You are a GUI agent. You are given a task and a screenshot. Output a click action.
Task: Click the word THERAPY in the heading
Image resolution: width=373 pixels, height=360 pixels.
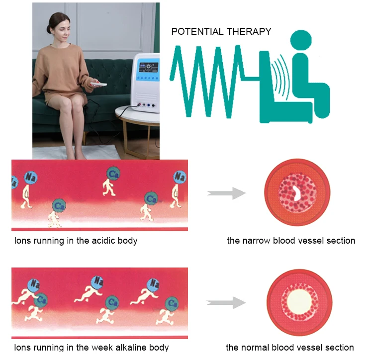point(249,31)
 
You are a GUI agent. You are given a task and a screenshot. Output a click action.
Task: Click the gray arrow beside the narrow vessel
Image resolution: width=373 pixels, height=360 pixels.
point(226,193)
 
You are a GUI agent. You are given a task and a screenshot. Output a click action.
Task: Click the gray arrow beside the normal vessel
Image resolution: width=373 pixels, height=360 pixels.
point(226,302)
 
